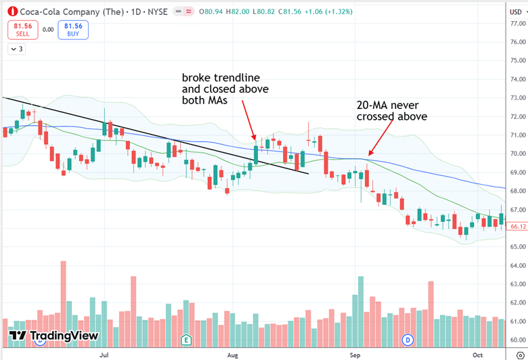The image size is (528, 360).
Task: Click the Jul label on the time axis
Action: [104, 354]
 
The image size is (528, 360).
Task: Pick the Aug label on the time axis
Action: [232, 354]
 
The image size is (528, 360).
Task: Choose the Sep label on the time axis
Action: [356, 354]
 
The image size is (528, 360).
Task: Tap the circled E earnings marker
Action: [186, 338]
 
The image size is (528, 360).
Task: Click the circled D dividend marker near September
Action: [408, 338]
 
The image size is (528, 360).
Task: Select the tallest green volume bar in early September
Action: [361, 301]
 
